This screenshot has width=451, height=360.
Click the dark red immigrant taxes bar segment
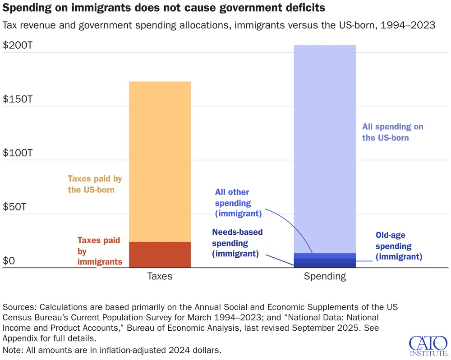[x=160, y=255]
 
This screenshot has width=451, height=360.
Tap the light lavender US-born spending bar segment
[x=325, y=149]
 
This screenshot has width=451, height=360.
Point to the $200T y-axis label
[x=18, y=46]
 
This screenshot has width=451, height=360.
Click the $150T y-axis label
[x=18, y=99]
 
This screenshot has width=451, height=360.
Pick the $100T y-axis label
[x=18, y=153]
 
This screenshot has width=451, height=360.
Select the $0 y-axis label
[x=9, y=261]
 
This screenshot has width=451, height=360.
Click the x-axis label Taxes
[x=160, y=276]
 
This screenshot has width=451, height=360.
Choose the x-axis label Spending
[x=325, y=276]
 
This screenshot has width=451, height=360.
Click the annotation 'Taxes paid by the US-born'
[x=95, y=184]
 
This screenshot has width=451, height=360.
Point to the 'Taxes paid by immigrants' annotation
[x=99, y=251]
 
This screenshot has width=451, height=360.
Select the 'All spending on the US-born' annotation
[x=392, y=132]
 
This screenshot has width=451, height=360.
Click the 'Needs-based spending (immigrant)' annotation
[x=237, y=243]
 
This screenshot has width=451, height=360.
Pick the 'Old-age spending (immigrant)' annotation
[x=399, y=246]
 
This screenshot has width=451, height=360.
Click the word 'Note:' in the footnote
[x=14, y=350]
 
